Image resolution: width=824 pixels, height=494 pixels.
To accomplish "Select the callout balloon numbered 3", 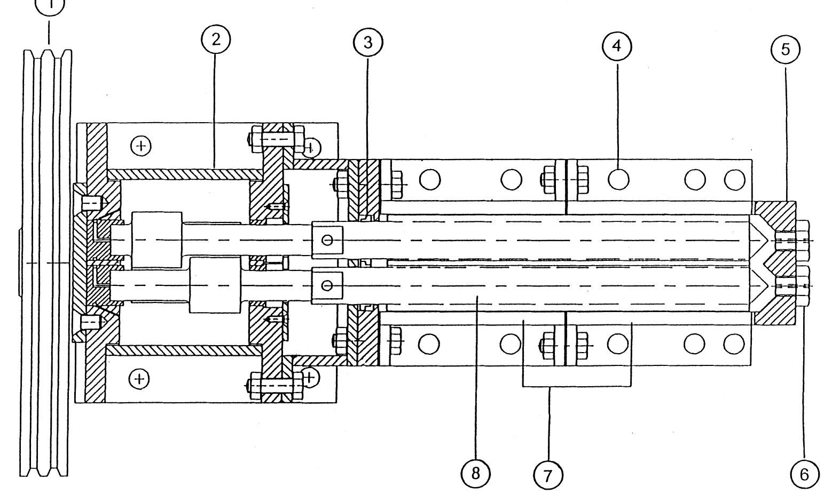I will click(x=368, y=43).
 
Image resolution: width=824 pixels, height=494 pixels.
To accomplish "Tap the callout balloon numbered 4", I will click(x=616, y=46).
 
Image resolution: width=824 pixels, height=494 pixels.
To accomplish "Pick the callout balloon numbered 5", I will click(x=785, y=50).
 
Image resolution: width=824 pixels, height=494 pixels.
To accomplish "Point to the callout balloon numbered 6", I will click(x=804, y=473).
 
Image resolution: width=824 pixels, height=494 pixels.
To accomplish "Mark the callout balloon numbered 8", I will click(x=475, y=473).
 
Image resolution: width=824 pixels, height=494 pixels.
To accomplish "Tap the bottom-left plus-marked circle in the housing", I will click(x=139, y=379).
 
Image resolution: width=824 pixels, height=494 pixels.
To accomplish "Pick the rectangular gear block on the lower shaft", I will click(x=213, y=285).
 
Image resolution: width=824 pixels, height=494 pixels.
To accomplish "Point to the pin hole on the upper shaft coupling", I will click(x=328, y=240).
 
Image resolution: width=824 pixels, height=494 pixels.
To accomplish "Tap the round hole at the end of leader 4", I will click(x=618, y=179).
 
